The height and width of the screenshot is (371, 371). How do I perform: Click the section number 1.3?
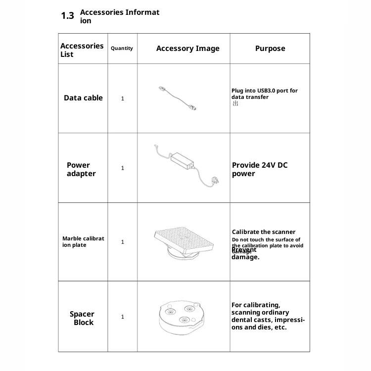[x=67, y=16]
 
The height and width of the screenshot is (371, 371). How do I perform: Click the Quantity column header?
[x=122, y=48]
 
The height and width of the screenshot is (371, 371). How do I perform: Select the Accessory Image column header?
[x=187, y=48]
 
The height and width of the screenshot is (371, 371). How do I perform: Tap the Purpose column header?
[x=270, y=48]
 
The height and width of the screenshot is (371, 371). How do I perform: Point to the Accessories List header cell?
[x=82, y=50]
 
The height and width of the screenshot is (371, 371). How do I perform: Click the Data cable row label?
[x=83, y=98]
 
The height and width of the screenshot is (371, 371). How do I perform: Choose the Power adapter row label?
[x=81, y=169]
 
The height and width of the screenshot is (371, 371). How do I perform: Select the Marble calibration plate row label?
[x=83, y=242]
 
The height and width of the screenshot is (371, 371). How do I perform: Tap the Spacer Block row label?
[x=82, y=318]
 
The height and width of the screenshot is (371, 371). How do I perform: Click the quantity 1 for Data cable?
[x=123, y=98]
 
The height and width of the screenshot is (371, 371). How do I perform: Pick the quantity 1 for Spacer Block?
[x=123, y=317]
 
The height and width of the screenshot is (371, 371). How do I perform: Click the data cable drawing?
[x=176, y=96]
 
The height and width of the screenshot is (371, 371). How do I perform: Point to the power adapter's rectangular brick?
[x=183, y=159]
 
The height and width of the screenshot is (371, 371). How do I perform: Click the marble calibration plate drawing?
[x=184, y=242]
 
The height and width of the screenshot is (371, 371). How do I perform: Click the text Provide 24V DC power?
[x=259, y=169]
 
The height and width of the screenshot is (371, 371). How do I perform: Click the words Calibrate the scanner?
[x=264, y=232]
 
